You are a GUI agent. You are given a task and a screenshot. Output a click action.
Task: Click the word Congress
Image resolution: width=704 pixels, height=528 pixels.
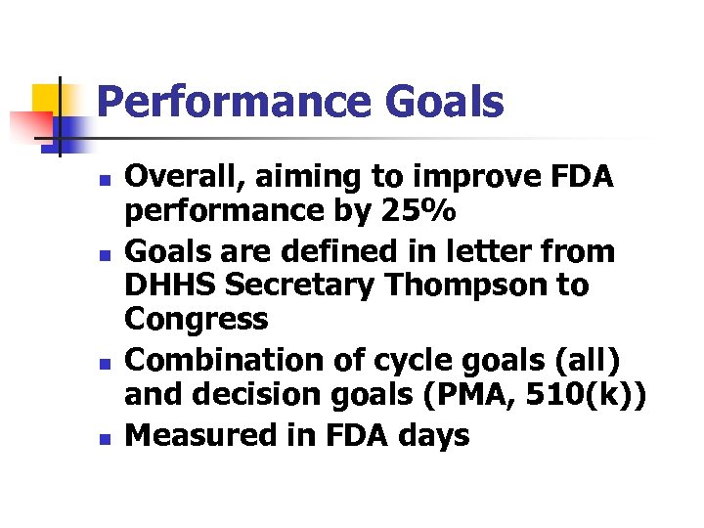(x=198, y=320)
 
